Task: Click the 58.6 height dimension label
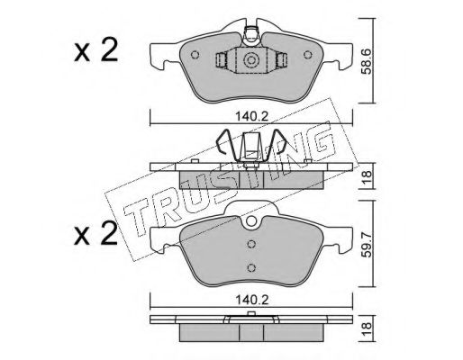[x=368, y=61]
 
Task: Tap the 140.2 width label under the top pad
[x=251, y=116]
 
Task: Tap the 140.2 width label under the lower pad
[x=251, y=300]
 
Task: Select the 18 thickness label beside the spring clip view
[x=368, y=175]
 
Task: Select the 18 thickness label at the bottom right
[x=368, y=328]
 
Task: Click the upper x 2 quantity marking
[x=95, y=51]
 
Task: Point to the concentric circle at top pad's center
[x=251, y=60]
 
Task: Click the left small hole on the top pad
[x=195, y=55]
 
